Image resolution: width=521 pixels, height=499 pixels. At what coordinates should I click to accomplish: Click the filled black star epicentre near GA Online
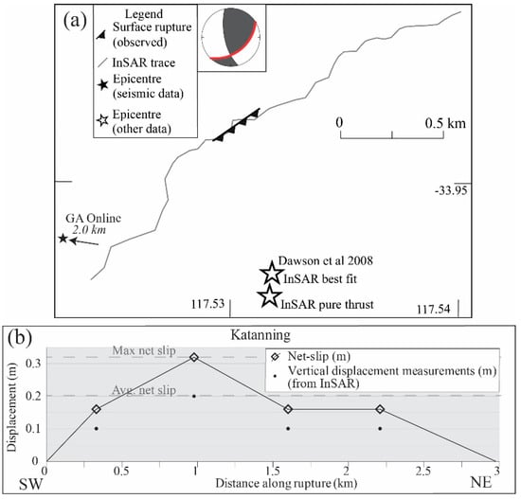(x=63, y=239)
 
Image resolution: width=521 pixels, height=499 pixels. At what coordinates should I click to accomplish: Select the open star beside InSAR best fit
(x=270, y=276)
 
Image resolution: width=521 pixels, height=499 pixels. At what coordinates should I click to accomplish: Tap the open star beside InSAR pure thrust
(x=270, y=298)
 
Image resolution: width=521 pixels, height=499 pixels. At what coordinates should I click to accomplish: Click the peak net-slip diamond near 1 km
(x=194, y=357)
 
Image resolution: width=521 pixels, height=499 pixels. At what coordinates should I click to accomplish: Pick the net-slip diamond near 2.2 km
(x=380, y=409)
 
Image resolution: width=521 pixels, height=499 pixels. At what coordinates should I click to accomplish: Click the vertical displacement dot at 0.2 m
(x=194, y=396)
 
